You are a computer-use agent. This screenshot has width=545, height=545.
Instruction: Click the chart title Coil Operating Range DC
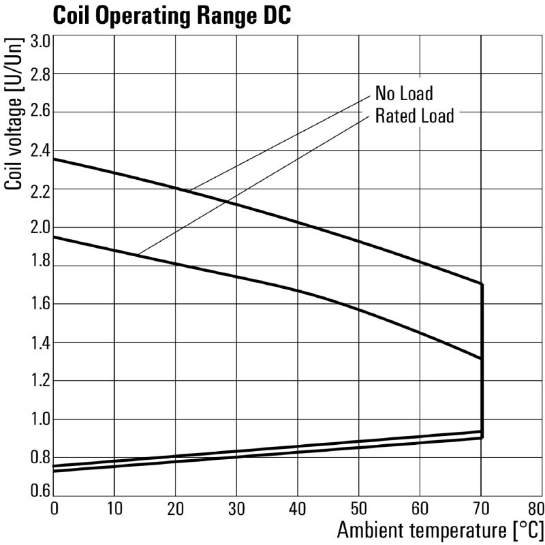171,15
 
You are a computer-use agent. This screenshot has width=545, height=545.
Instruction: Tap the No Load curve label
404,93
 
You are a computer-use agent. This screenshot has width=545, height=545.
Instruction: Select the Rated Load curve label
414,115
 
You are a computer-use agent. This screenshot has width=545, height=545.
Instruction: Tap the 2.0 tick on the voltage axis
40,227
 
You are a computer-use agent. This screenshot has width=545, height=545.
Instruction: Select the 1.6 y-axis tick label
40,304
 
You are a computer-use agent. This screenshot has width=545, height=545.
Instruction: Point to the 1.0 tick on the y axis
40,419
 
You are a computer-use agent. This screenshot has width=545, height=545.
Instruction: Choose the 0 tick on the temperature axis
54,508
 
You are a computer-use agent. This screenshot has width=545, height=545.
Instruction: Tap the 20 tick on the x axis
176,508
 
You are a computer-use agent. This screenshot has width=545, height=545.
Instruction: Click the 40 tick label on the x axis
298,508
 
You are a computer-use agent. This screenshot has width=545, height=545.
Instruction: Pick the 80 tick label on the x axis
535,508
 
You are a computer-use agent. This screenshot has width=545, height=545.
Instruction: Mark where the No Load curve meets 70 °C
482,284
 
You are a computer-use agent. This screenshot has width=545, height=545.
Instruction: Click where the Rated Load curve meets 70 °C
482,358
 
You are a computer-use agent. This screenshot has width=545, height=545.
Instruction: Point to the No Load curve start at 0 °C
54,159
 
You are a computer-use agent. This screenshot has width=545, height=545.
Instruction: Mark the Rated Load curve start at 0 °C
54,237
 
